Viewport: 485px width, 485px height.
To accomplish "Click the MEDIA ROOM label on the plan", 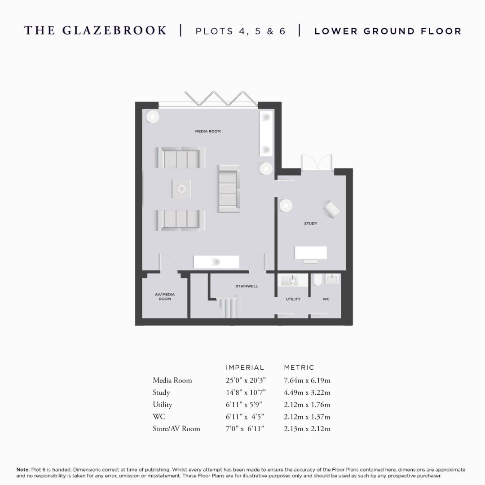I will point(207,132).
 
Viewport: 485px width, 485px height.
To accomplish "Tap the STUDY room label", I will point(310,223).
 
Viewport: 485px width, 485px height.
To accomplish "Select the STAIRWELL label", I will point(247,286).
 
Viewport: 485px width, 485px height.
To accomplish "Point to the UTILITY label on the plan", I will point(293,299).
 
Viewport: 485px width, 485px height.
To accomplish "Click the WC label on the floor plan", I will point(326,299).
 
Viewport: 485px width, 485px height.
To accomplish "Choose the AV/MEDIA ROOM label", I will point(165,297).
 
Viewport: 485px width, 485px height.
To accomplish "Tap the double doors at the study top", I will point(317,163).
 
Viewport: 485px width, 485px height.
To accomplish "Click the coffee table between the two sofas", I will point(181,189).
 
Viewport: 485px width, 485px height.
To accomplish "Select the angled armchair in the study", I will point(332,209).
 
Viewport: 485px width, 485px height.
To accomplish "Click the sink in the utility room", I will point(293,281).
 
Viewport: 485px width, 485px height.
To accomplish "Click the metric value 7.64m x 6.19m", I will point(307,380).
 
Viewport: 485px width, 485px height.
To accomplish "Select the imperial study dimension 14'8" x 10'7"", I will point(245,392).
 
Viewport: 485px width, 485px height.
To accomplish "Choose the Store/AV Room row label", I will point(176,428).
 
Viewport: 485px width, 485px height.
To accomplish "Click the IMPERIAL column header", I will point(245,368).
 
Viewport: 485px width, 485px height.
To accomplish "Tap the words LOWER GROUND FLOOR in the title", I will point(388,31).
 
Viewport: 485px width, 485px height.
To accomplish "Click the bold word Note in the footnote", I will point(23,470).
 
